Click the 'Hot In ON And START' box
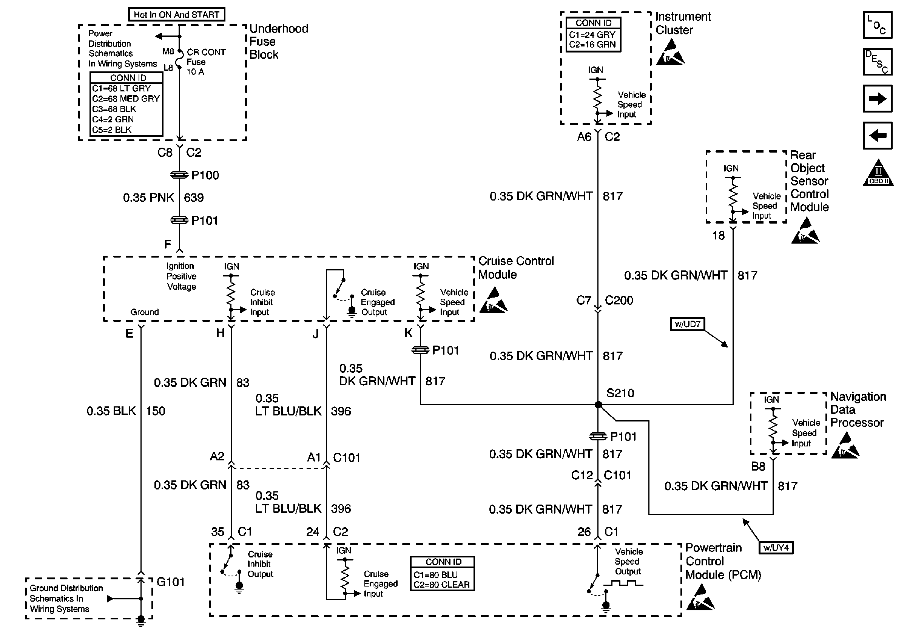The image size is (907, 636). (x=177, y=15)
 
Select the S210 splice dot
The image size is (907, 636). (x=598, y=404)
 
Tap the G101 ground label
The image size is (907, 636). (x=171, y=582)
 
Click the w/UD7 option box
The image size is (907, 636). (x=687, y=324)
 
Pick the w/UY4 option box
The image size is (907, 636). (x=776, y=548)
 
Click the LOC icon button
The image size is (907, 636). (x=878, y=25)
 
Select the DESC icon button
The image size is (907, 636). (x=878, y=62)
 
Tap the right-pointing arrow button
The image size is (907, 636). (x=878, y=98)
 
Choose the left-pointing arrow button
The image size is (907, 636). (x=878, y=136)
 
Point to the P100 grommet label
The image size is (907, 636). (x=205, y=175)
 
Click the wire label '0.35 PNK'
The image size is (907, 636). (x=148, y=198)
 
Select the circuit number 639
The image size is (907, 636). (x=194, y=198)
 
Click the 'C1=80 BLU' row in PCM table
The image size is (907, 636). (x=436, y=575)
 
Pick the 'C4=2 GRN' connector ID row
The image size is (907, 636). (x=113, y=119)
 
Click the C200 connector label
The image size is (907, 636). (x=619, y=300)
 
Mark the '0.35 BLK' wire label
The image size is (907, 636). (x=111, y=411)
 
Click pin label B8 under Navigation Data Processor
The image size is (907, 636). (x=758, y=466)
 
